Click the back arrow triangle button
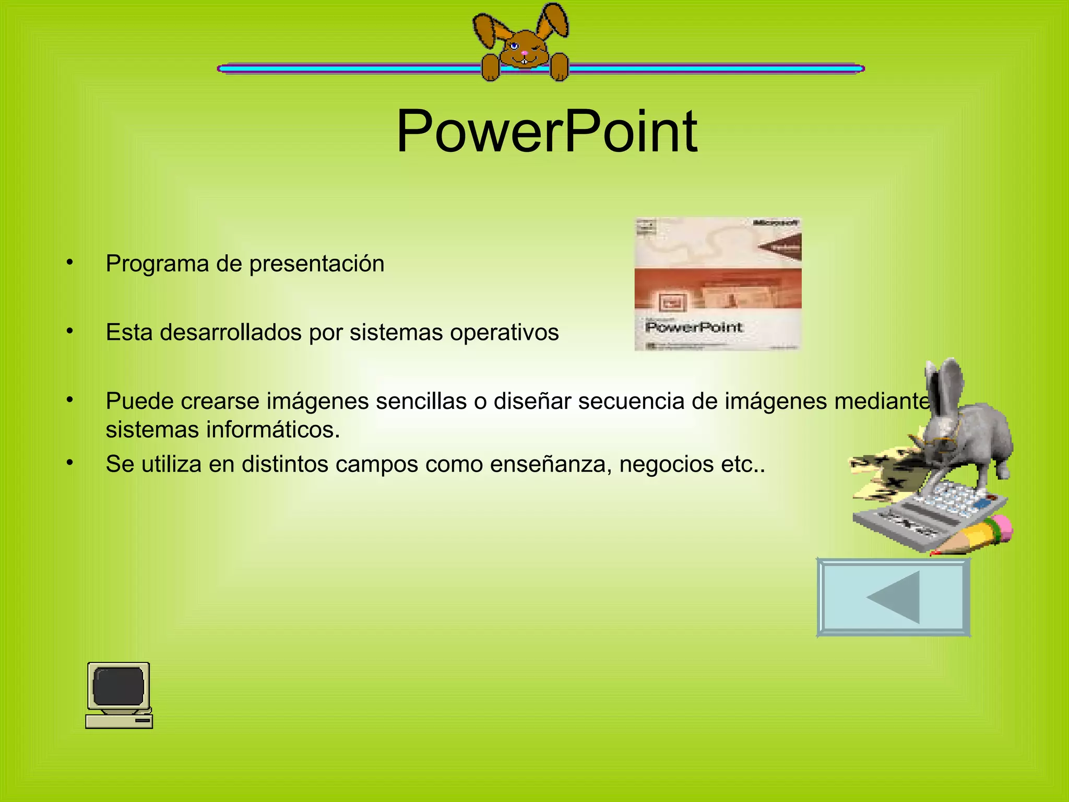(894, 597)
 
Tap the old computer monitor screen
(118, 686)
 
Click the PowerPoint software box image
(718, 284)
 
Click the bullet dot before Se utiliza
(70, 463)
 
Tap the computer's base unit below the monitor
(119, 721)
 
